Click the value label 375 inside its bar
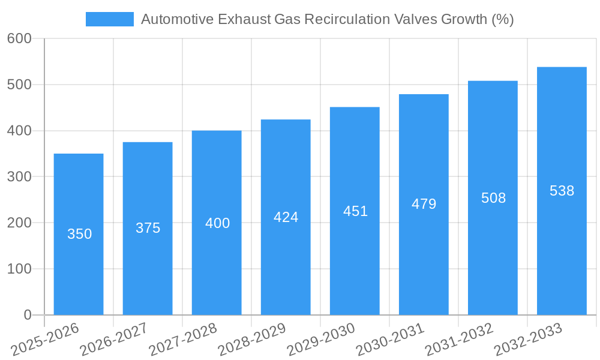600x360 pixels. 148,228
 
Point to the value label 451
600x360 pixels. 355,211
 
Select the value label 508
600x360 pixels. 493,198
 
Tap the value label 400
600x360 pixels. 217,223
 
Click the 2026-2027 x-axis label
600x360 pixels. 115,339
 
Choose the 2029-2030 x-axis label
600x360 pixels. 322,339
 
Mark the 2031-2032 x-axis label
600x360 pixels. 460,339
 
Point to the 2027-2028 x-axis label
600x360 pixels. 184,339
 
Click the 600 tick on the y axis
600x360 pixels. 19,38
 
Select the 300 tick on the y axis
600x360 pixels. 19,177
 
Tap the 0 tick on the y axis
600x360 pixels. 27,315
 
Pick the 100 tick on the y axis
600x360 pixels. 19,269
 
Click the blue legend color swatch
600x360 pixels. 110,19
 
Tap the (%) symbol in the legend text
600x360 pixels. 502,19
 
